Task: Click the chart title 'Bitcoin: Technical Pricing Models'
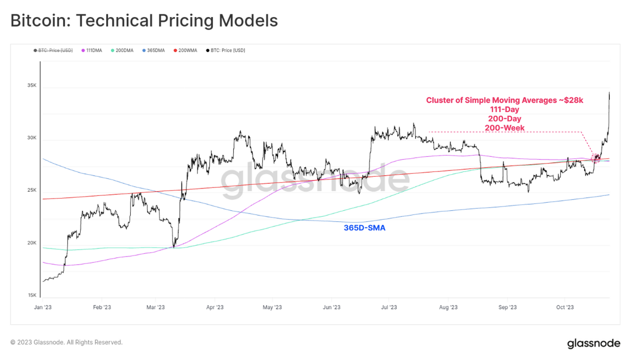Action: (x=144, y=21)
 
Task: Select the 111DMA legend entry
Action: (x=93, y=50)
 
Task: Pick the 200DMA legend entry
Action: (x=124, y=50)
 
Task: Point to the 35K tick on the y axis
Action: (x=31, y=85)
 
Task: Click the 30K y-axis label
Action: (x=31, y=138)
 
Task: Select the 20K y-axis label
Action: (x=31, y=243)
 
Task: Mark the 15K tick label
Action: (x=31, y=296)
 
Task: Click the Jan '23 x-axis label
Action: (x=42, y=307)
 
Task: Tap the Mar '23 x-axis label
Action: (x=156, y=307)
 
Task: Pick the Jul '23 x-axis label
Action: (x=389, y=307)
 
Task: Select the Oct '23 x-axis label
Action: (x=565, y=307)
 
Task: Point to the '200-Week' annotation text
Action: (x=505, y=128)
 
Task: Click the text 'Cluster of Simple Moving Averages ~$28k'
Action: (x=505, y=100)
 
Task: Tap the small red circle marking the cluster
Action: (x=596, y=157)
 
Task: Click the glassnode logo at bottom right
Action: (x=593, y=344)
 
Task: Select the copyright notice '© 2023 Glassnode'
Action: (x=66, y=342)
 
